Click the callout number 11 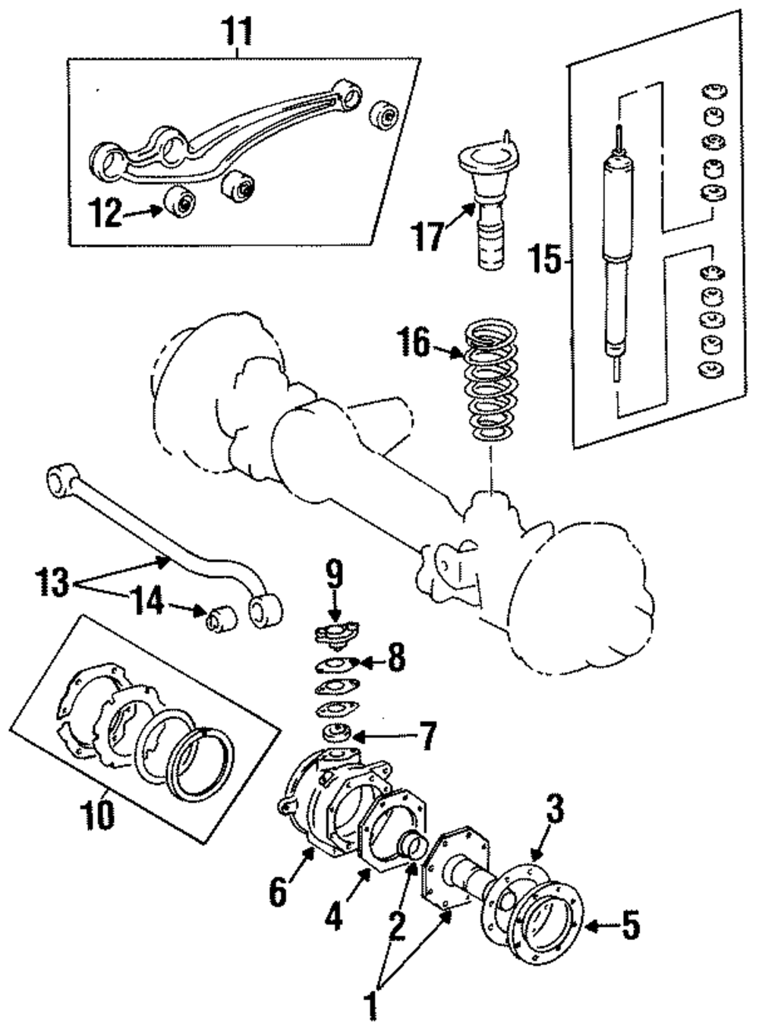click(237, 31)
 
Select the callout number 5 click(631, 926)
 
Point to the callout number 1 click(372, 1007)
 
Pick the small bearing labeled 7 click(334, 734)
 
